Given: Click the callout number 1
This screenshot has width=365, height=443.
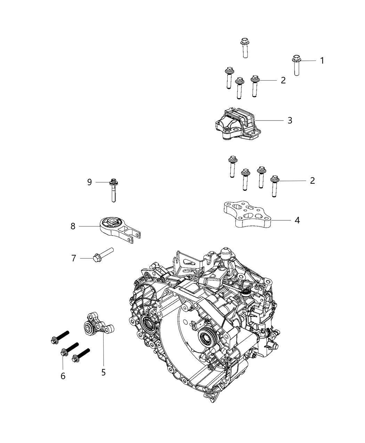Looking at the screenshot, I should click(322, 60).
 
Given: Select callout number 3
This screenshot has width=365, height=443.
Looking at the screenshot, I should click(290, 121).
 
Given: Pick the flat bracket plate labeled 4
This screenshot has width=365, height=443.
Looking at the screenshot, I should click(247, 214).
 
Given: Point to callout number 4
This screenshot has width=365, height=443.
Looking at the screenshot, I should click(297, 220).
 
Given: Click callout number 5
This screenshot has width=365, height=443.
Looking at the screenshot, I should click(103, 372).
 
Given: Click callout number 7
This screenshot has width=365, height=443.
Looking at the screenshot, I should click(73, 258).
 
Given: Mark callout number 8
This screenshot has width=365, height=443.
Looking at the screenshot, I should click(73, 226).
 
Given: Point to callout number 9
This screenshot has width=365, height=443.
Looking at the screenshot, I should click(89, 182).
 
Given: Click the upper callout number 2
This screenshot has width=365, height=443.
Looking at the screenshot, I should click(283, 80).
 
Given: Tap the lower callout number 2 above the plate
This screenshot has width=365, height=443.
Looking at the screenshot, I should click(312, 181).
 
